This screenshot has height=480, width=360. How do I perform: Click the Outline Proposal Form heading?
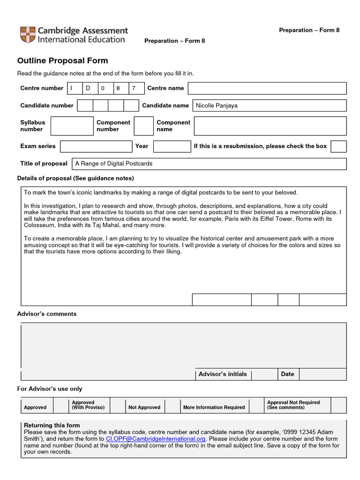coord(62,60)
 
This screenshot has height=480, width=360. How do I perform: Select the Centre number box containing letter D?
coord(90,88)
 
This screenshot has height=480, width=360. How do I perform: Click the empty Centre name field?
coord(267,88)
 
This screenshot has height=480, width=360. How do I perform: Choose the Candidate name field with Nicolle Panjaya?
coord(270,105)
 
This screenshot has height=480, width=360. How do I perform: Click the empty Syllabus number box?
coord(72,126)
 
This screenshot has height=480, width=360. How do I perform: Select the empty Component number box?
coord(143,126)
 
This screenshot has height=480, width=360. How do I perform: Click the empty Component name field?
coord(270,126)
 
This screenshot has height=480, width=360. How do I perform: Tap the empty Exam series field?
coord(96,146)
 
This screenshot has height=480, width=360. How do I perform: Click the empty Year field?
coord(172,146)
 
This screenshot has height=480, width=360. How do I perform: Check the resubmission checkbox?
coord(338,146)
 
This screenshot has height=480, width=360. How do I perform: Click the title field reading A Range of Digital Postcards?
coord(209,164)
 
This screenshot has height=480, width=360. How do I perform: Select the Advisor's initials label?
coord(223,374)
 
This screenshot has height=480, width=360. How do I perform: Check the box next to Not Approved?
coord(172,405)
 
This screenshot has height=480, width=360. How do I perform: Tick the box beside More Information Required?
coord(256,405)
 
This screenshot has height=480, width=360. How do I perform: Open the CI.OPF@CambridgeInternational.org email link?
coord(156,439)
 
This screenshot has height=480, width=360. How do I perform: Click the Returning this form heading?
coord(52,425)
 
